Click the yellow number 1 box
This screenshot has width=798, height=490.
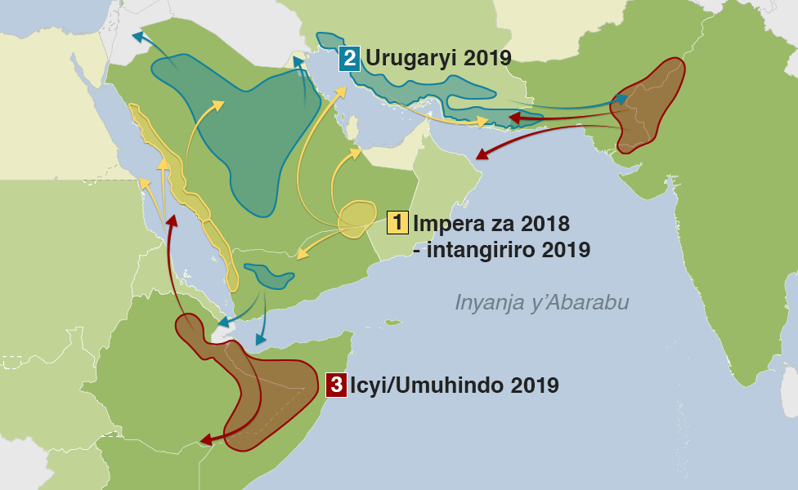click(x=398, y=222)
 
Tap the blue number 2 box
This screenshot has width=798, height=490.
click(x=350, y=59)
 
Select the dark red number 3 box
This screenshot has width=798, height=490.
click(x=335, y=385)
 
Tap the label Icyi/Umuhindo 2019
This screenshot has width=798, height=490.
click(x=455, y=385)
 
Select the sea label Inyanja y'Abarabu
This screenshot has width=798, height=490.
click(x=541, y=303)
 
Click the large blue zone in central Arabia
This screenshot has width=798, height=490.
click(x=245, y=131)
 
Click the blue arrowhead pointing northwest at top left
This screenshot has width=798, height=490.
click(x=137, y=37)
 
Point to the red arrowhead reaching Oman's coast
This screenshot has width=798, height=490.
click(x=480, y=155)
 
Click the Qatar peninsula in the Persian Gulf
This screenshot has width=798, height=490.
click(x=353, y=128)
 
